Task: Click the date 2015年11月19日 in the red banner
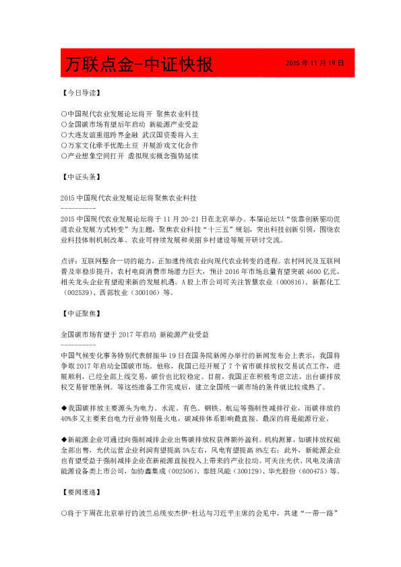315,63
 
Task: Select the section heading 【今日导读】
80,93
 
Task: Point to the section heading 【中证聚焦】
80,313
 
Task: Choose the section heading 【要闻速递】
80,494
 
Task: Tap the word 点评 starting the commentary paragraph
67,259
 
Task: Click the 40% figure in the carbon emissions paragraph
67,419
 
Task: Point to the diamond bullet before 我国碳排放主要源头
63,408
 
